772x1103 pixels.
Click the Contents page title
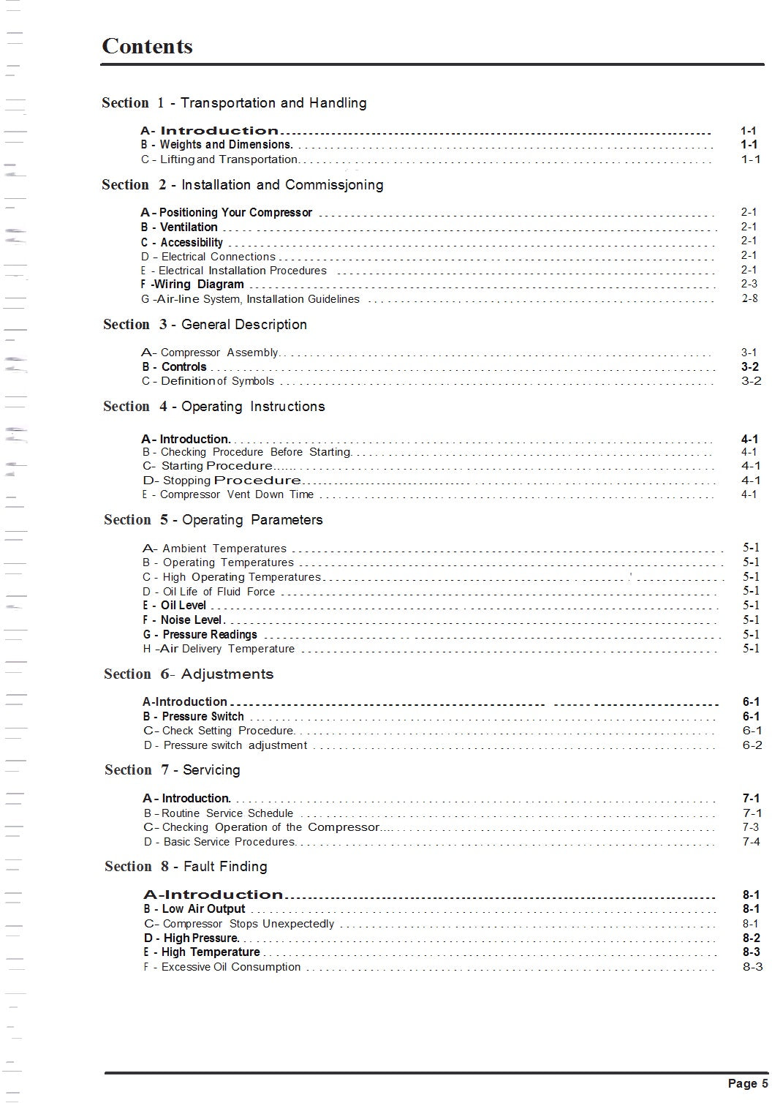click(147, 46)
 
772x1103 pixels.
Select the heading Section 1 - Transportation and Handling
click(234, 103)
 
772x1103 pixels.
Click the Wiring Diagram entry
click(193, 285)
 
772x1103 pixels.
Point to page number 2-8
click(749, 298)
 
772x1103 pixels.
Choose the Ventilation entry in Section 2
click(180, 227)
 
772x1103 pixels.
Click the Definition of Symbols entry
click(208, 381)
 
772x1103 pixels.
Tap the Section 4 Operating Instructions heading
click(214, 407)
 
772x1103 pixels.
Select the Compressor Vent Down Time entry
click(228, 494)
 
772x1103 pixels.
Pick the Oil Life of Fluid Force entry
click(209, 592)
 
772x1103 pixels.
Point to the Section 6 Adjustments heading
click(189, 674)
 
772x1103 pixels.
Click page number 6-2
click(752, 745)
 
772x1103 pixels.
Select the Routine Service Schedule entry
click(219, 813)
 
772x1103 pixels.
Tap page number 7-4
click(752, 842)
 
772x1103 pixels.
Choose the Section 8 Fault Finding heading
click(186, 867)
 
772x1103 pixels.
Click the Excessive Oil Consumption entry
click(222, 967)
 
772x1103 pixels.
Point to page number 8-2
click(752, 938)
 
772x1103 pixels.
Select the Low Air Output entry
click(194, 909)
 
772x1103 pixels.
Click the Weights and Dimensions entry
click(216, 145)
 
